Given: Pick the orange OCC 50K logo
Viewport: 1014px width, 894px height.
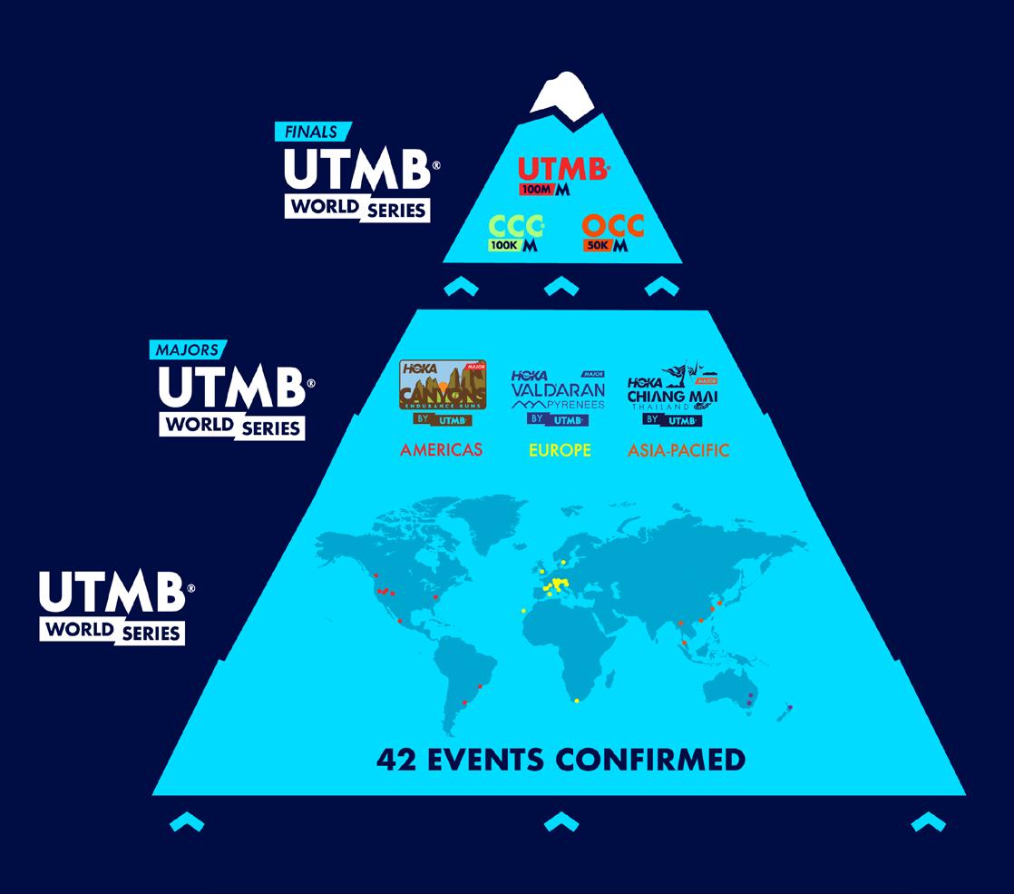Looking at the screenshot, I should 613,234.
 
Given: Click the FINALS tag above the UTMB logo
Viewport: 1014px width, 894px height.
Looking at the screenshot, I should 312,132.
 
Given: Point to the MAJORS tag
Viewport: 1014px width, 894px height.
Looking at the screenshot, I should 188,349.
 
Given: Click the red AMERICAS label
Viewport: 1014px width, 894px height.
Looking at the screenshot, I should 442,450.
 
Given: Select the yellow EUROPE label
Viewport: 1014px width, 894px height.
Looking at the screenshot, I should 559,450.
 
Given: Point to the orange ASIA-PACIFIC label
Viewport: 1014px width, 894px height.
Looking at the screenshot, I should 678,450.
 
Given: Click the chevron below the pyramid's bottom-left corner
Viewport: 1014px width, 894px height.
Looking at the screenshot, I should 187,822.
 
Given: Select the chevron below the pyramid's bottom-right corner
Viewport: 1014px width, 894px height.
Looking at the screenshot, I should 928,822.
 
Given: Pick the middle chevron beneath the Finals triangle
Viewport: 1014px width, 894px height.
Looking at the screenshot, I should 561,287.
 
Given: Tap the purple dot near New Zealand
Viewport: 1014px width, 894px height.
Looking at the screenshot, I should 790,707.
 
